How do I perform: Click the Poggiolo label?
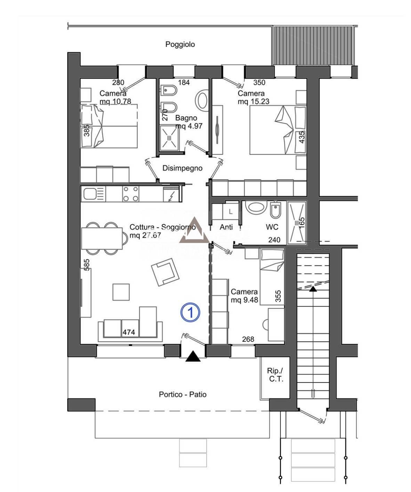(x=180, y=44)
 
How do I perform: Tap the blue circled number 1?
(x=190, y=312)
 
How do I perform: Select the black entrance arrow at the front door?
(x=193, y=356)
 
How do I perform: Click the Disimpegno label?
(x=182, y=168)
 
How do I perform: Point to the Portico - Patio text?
(x=183, y=394)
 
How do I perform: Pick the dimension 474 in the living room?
(x=129, y=332)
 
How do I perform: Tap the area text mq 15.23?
(x=253, y=101)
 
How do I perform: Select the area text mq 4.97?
(x=189, y=126)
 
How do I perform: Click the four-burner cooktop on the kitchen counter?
(x=131, y=194)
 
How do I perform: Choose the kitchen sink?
(x=89, y=194)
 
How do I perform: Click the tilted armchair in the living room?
(x=165, y=272)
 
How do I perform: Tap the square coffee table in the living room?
(x=121, y=292)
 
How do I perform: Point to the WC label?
(x=272, y=227)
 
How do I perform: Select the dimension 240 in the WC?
(x=274, y=240)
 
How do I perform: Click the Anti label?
(x=226, y=227)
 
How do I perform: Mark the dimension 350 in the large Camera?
(x=259, y=82)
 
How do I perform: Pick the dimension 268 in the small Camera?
(x=248, y=339)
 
